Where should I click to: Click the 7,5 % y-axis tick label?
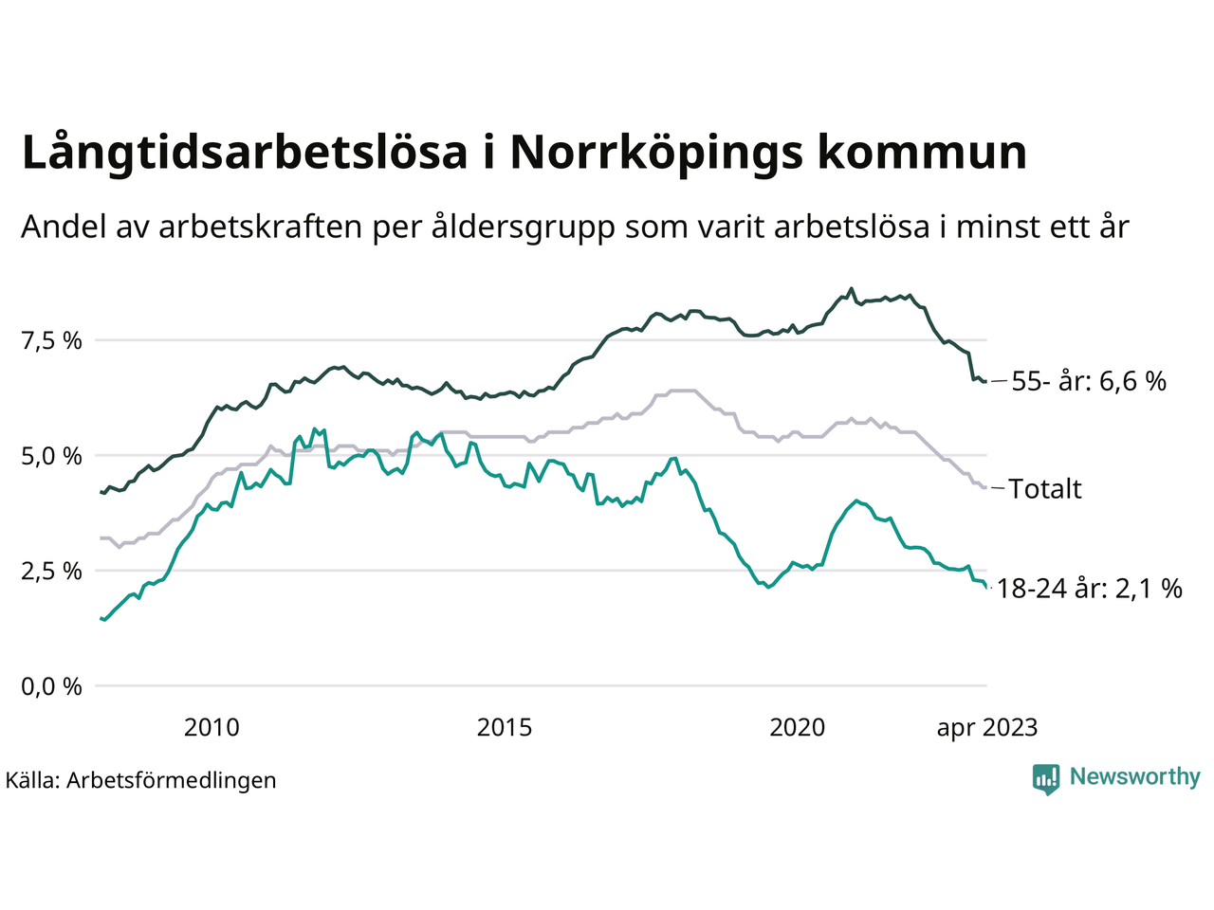click(52, 341)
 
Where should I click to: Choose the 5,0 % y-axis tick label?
click(52, 456)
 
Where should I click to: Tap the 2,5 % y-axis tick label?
click(52, 571)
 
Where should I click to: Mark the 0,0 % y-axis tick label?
click(52, 686)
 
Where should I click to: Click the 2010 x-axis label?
click(212, 728)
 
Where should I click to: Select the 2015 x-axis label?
click(504, 728)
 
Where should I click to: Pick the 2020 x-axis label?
click(797, 728)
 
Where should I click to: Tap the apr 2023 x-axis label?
click(986, 728)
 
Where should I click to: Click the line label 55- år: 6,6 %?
click(1089, 382)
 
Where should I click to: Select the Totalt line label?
click(1045, 489)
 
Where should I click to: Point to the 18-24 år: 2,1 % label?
click(1090, 589)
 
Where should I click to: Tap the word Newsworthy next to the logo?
click(1134, 777)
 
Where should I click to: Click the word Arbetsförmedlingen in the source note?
click(172, 780)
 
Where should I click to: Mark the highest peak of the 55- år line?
click(851, 289)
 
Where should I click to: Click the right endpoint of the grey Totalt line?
click(986, 487)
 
